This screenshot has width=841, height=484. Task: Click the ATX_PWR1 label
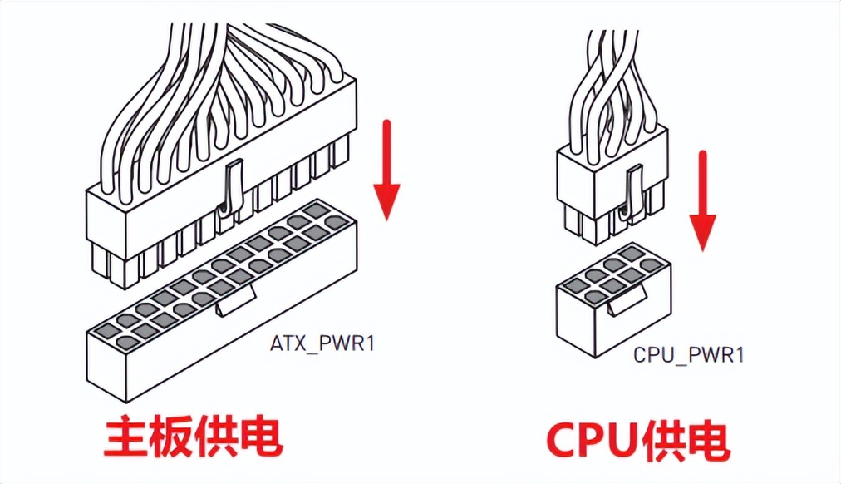pyautogui.click(x=322, y=342)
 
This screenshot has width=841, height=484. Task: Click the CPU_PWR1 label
pyautogui.click(x=689, y=354)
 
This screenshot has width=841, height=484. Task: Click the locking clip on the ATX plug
pyautogui.click(x=230, y=187)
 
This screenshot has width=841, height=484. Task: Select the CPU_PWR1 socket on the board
pyautogui.click(x=614, y=308)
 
